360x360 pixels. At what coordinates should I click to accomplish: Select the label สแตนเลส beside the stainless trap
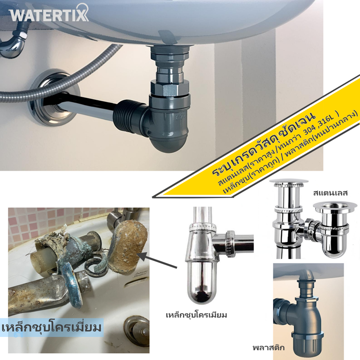(330, 193)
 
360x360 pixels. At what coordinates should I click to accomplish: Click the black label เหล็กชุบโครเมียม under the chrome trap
(196, 315)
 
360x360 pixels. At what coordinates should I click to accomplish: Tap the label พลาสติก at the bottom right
(268, 347)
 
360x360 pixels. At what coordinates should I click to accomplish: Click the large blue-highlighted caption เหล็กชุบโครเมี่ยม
(52, 328)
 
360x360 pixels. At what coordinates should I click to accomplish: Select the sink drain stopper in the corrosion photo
(136, 331)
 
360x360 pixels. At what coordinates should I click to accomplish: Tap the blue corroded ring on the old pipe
(72, 285)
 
